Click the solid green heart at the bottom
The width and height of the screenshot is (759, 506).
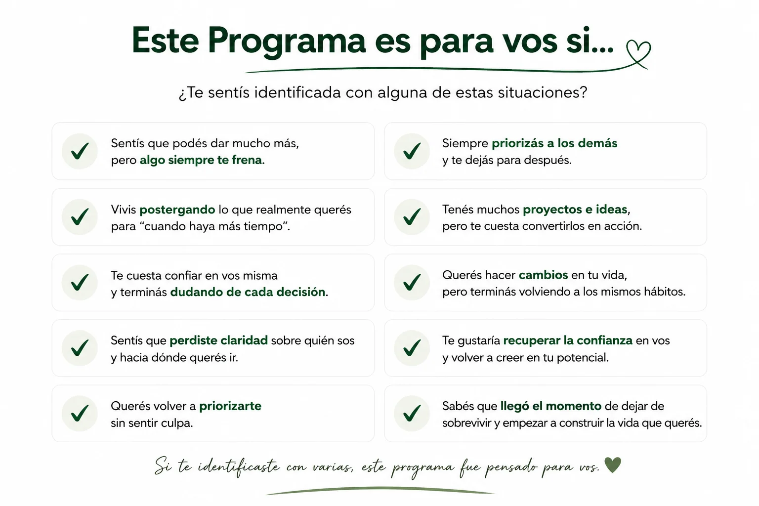coord(613,464)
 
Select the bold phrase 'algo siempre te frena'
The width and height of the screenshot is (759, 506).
coord(202,160)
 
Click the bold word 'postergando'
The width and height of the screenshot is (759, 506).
coord(177,210)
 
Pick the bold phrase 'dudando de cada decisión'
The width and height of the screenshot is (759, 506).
coord(248,292)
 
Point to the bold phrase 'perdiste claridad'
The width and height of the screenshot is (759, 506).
coord(218,340)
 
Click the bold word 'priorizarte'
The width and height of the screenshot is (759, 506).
coord(230,406)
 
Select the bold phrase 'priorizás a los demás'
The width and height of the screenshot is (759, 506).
coord(554,143)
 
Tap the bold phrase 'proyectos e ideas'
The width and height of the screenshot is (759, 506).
coord(575,210)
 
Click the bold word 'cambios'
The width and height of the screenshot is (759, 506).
coord(543,275)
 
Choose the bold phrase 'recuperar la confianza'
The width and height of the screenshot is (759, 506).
coord(568,340)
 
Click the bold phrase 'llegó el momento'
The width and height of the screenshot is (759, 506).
coord(550,406)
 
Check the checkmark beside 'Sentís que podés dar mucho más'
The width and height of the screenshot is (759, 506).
coord(80,151)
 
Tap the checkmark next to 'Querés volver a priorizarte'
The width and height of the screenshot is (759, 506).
coord(80,414)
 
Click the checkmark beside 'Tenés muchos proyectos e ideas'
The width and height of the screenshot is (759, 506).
coord(412,217)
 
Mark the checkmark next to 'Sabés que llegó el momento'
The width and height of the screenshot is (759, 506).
coord(412,414)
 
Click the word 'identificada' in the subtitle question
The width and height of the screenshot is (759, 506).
coord(297,92)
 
